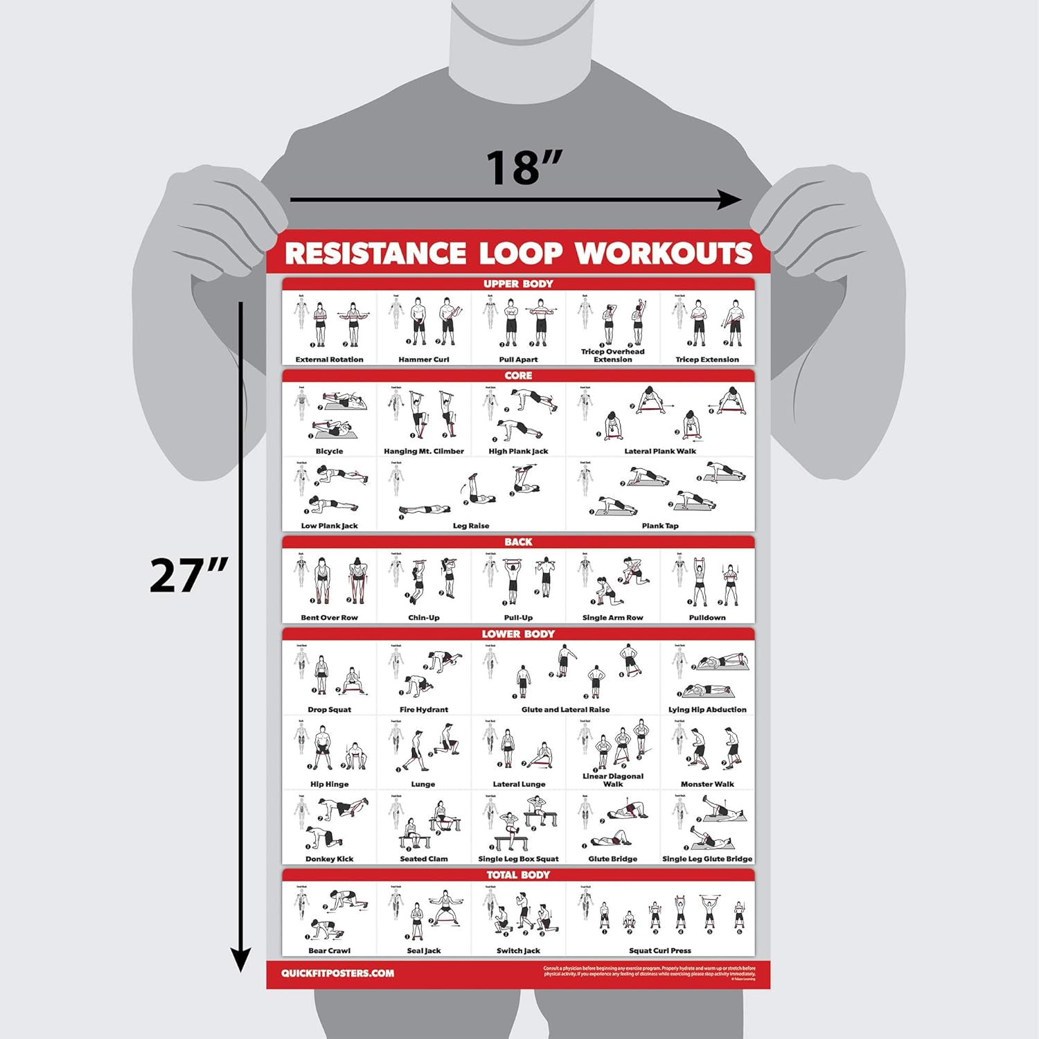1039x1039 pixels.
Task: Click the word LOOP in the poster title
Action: [x=520, y=254]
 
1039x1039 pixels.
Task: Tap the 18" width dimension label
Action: [x=523, y=168]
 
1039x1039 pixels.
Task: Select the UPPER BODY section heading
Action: [x=518, y=284]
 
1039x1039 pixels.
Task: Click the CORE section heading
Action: [x=518, y=375]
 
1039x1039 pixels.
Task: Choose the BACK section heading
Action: [x=518, y=542]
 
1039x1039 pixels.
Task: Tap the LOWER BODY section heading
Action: [x=518, y=634]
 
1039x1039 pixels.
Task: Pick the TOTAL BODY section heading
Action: [x=518, y=875]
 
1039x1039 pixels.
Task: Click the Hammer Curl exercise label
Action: [x=424, y=359]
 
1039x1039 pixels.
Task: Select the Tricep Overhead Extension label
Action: [x=612, y=355]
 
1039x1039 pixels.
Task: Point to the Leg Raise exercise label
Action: [x=471, y=526]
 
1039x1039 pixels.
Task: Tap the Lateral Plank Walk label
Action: [x=660, y=451]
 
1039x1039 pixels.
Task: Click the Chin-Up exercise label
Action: [x=424, y=618]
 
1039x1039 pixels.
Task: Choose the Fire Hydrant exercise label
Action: [x=424, y=709]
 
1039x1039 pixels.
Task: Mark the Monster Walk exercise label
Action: [x=707, y=784]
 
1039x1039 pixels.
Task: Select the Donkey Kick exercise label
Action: [x=330, y=859]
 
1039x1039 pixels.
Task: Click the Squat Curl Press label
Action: [x=660, y=950]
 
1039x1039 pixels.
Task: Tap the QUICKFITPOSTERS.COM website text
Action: [x=337, y=973]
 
